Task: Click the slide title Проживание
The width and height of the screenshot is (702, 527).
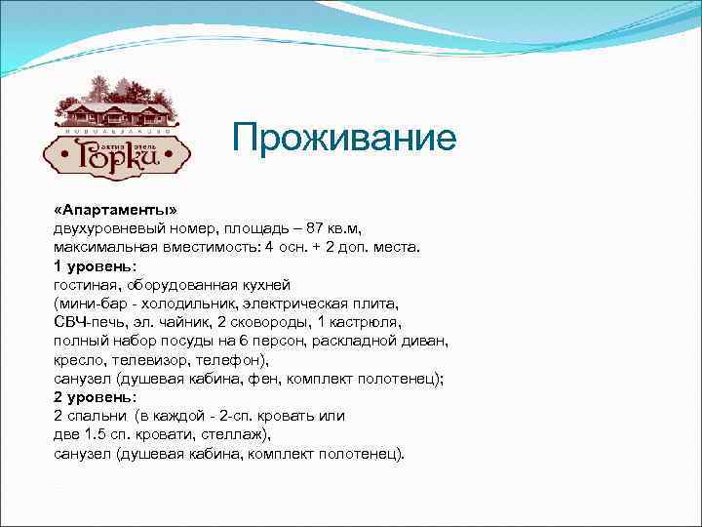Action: click(x=343, y=139)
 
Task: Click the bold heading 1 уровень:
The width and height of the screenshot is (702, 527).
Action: click(x=95, y=265)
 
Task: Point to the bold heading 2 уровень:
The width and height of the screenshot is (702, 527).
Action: click(x=95, y=397)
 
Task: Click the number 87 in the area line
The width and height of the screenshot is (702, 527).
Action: click(x=315, y=228)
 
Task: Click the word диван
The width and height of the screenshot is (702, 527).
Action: click(x=426, y=340)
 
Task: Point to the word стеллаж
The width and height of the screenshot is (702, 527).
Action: click(x=234, y=434)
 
